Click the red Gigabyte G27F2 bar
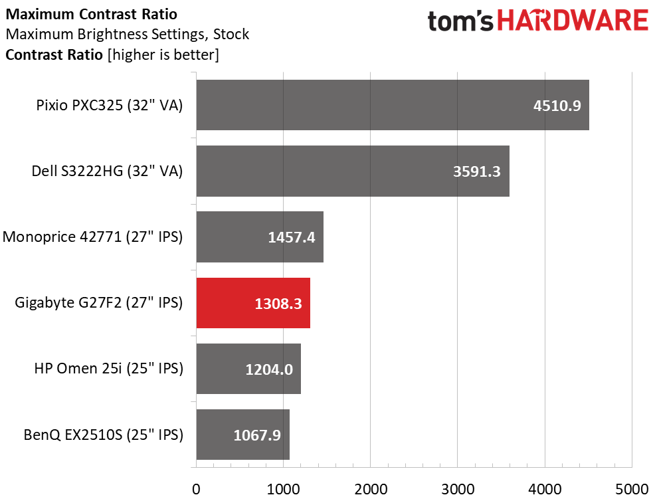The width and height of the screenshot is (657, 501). click(x=253, y=303)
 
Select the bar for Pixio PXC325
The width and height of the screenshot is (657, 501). click(x=393, y=105)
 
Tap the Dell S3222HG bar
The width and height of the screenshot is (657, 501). click(x=353, y=171)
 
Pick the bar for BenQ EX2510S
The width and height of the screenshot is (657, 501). click(x=243, y=435)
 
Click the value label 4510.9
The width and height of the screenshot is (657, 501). click(x=557, y=106)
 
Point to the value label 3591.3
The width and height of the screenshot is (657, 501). click(x=477, y=171)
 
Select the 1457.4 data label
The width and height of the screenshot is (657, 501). click(x=292, y=238)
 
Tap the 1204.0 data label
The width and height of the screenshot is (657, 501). click(x=269, y=369)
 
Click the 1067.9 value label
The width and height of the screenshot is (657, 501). click(x=257, y=435)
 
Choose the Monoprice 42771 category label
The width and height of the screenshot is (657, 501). click(x=92, y=237)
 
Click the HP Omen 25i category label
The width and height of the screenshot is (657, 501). click(x=109, y=368)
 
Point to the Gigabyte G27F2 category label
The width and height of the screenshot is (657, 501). click(x=99, y=303)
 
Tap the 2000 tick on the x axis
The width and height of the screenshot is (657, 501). click(x=371, y=489)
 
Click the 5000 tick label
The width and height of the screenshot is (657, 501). click(x=632, y=489)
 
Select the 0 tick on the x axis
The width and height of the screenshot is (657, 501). click(x=196, y=489)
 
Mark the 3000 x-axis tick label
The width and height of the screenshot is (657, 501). click(x=458, y=489)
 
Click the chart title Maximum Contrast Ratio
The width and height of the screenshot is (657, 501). click(x=92, y=14)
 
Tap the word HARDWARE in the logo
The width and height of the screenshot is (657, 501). click(x=573, y=21)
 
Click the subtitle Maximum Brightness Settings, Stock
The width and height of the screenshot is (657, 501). click(x=128, y=34)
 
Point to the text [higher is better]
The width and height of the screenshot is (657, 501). click(x=163, y=55)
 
